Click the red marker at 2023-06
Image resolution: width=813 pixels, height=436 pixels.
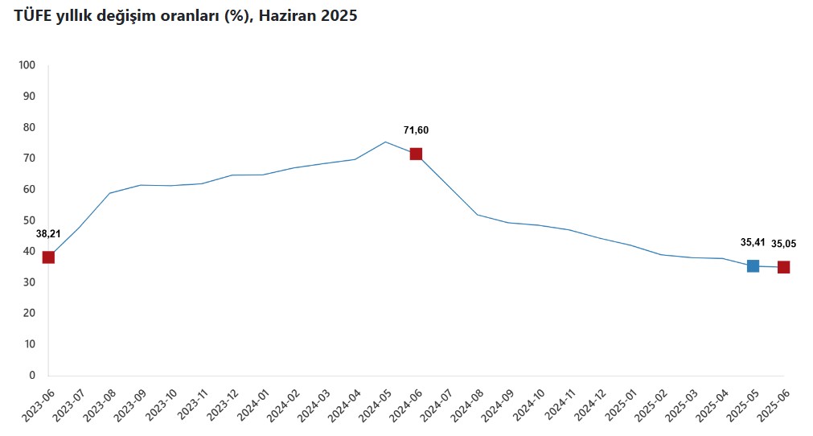48,257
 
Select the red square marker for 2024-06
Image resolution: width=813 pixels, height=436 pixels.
416,154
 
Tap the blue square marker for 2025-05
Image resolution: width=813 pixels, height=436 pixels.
753,265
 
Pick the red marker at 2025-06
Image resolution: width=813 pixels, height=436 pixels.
783,267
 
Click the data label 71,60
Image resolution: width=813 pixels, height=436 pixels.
416,130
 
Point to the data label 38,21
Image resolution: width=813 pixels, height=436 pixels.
48,234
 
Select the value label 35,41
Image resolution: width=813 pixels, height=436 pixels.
753,241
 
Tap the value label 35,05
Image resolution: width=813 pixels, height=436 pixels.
783,244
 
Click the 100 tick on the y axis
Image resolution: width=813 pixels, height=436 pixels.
27,65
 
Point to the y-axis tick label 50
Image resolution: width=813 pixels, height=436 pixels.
30,220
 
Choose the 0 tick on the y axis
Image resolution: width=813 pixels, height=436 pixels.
33,375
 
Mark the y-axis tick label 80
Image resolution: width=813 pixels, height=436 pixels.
30,127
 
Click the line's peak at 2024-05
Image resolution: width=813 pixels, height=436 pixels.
385,142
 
